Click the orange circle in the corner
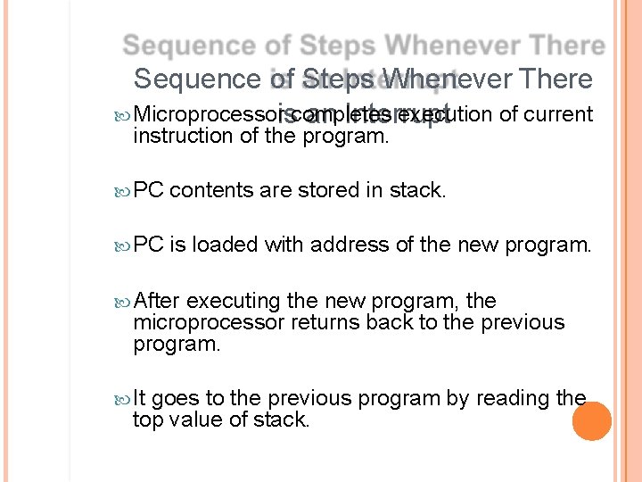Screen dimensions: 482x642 [591, 421]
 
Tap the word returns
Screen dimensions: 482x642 [322, 322]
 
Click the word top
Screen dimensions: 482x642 [148, 419]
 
